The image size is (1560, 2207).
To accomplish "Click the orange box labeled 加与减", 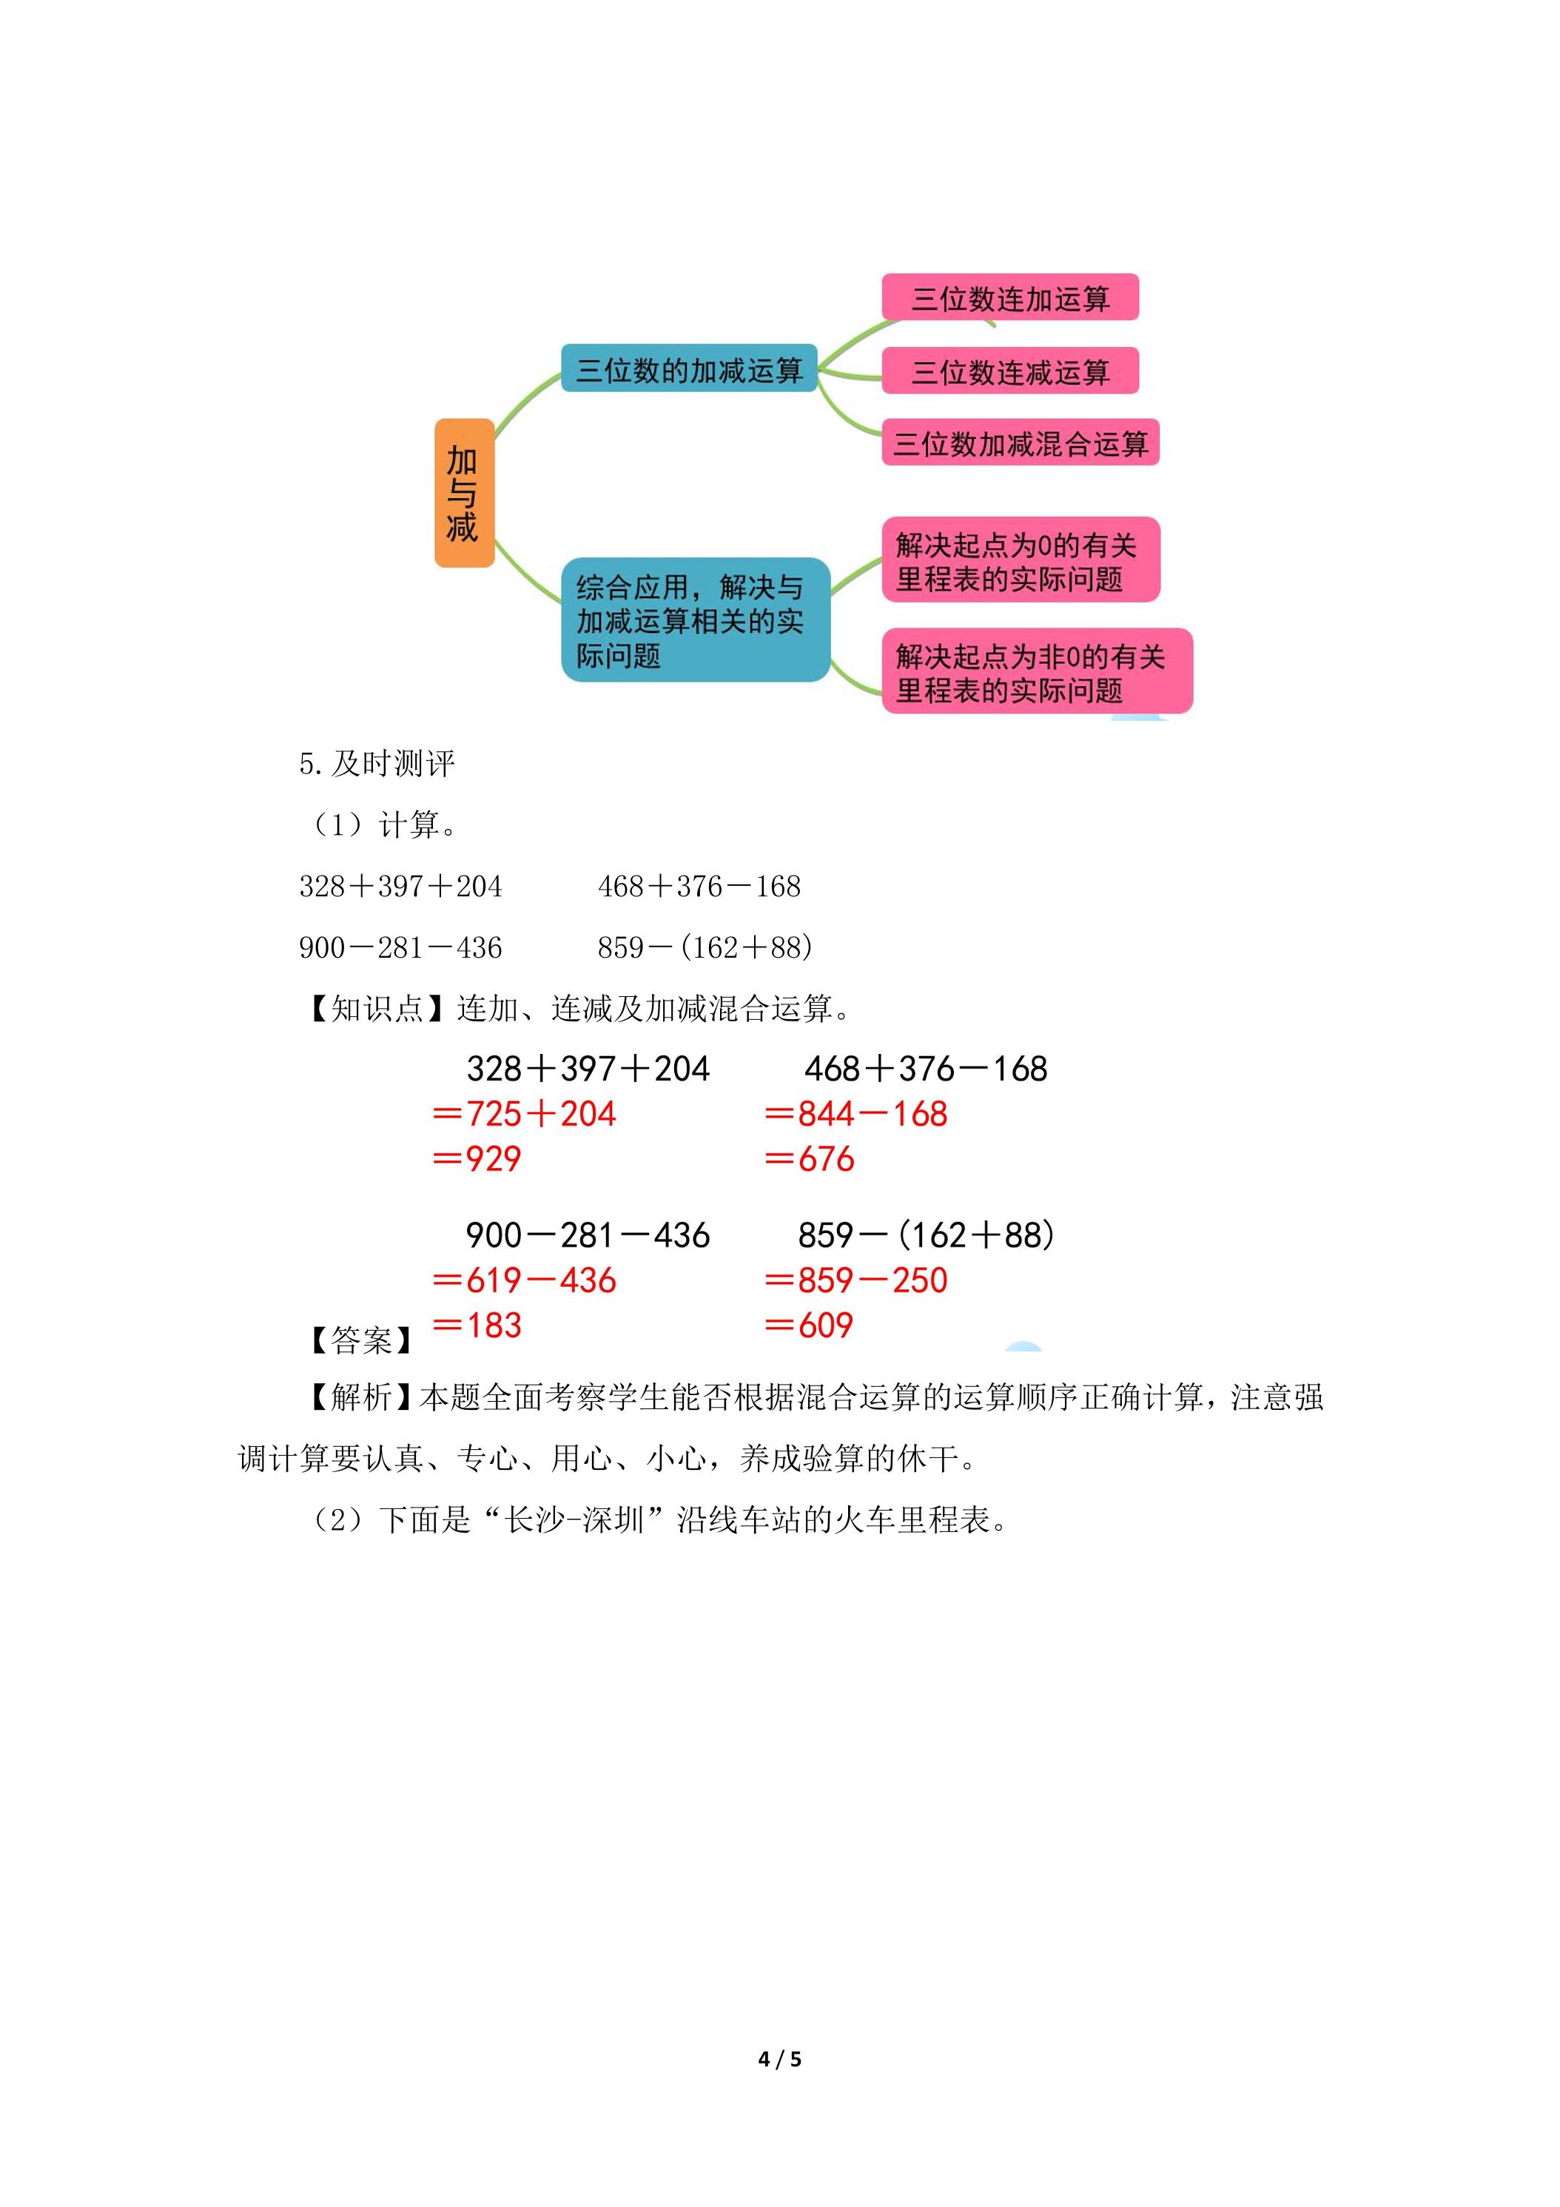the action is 464,493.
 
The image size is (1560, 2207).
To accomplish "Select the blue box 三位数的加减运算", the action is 689,368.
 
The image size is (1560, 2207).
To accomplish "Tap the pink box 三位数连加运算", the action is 1010,297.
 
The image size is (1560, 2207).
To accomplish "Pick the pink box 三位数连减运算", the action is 1010,371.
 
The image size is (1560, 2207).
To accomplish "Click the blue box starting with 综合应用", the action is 695,620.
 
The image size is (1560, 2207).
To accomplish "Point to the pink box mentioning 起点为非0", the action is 1037,671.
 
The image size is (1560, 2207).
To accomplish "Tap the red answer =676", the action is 810,1159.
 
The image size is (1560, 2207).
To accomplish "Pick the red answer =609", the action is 810,1326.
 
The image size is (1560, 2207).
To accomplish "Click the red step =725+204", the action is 525,1114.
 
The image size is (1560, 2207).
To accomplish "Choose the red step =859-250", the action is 856,1280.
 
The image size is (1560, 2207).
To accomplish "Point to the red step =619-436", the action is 525,1280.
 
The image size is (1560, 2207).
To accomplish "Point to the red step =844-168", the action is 856,1114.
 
